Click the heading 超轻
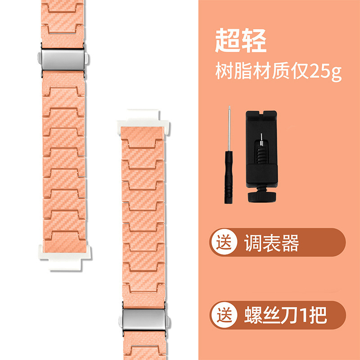pos(240,41)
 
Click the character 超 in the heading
pos(228,41)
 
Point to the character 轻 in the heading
pos(254,41)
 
